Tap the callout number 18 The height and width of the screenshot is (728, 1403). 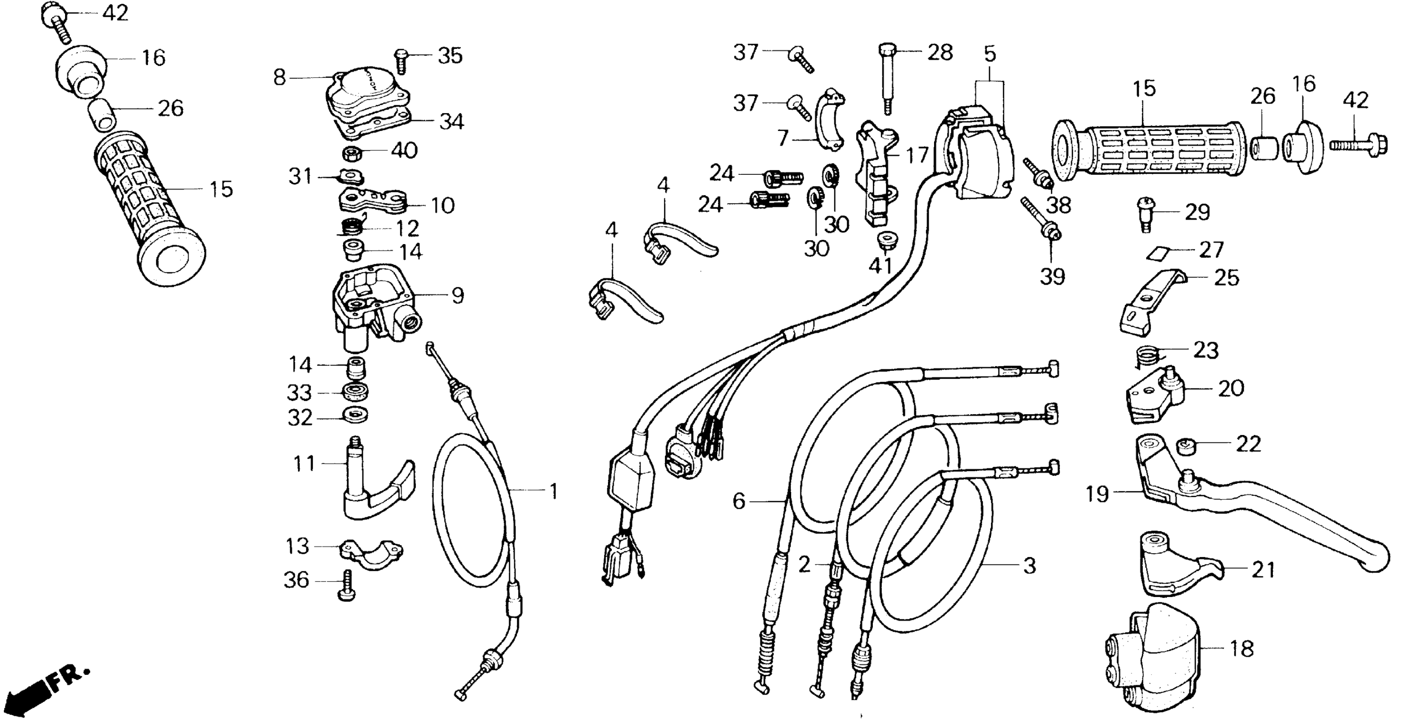pyautogui.click(x=1242, y=648)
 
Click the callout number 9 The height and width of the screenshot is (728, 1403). pyautogui.click(x=457, y=296)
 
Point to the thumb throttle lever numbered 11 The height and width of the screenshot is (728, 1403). pyautogui.click(x=376, y=485)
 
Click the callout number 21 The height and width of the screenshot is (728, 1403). pyautogui.click(x=1263, y=570)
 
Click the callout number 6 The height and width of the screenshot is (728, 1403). pyautogui.click(x=739, y=501)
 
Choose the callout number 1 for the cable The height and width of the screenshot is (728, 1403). pyautogui.click(x=553, y=492)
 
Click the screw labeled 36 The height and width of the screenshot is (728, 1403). pyautogui.click(x=347, y=586)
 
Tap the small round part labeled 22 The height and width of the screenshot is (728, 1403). pyautogui.click(x=1186, y=446)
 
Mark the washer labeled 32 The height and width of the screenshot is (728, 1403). pyautogui.click(x=355, y=415)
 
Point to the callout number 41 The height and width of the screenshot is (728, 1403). pyautogui.click(x=880, y=266)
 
